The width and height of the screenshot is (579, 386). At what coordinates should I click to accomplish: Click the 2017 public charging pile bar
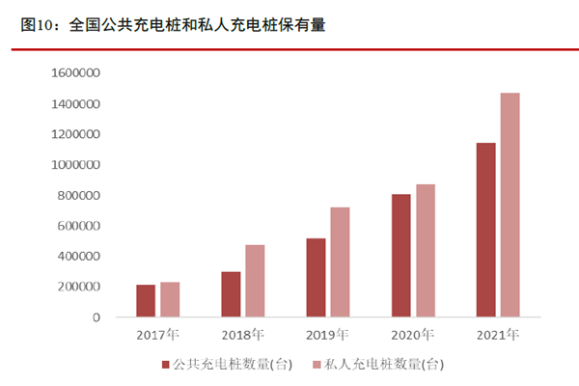point(146,300)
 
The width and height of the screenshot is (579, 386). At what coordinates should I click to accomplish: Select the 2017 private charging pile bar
point(170,299)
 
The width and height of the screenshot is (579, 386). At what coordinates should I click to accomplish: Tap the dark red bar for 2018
point(231,293)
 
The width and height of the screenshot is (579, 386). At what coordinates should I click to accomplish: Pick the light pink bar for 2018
point(255,280)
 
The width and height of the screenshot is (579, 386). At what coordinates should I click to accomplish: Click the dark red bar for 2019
point(316,277)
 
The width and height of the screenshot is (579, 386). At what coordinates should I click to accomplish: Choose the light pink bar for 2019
point(340,262)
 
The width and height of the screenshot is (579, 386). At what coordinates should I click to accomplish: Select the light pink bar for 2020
point(425,250)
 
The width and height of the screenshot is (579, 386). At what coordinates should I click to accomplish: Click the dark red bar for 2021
point(485,230)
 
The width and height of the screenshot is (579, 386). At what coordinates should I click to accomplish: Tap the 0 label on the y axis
point(96,317)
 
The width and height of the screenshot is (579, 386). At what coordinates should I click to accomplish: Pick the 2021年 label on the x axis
point(497,335)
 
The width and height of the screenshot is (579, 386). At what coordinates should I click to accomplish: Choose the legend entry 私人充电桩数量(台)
point(380,364)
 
